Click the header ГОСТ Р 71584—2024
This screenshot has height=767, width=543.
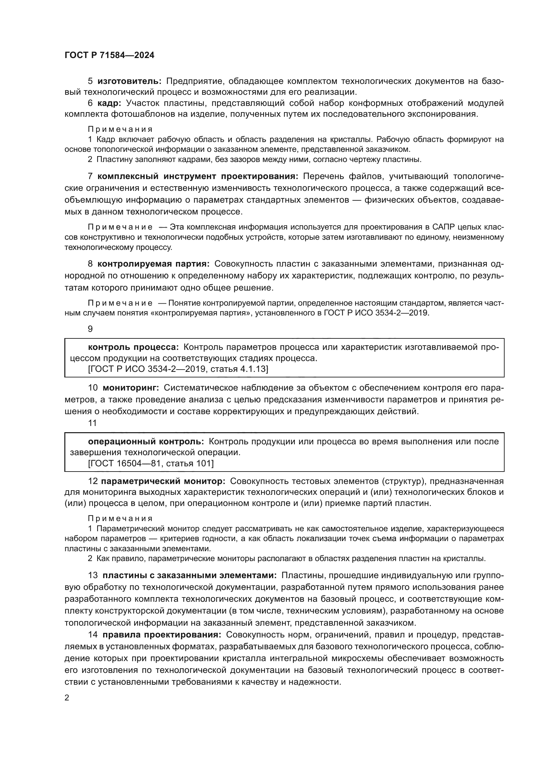click(x=109, y=55)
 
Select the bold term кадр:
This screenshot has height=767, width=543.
click(x=109, y=103)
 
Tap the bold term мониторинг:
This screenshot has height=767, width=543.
click(x=131, y=388)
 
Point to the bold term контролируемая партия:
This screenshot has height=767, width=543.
click(x=153, y=264)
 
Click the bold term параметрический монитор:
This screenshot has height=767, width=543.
click(x=163, y=481)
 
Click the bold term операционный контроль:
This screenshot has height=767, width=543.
click(x=146, y=442)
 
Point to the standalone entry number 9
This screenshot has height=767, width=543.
click(x=90, y=329)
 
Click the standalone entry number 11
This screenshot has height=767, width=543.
click(x=92, y=423)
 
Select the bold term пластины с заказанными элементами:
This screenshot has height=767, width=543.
click(x=189, y=575)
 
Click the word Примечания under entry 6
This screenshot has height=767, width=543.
click(x=120, y=129)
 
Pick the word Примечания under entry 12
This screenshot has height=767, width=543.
click(x=120, y=518)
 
